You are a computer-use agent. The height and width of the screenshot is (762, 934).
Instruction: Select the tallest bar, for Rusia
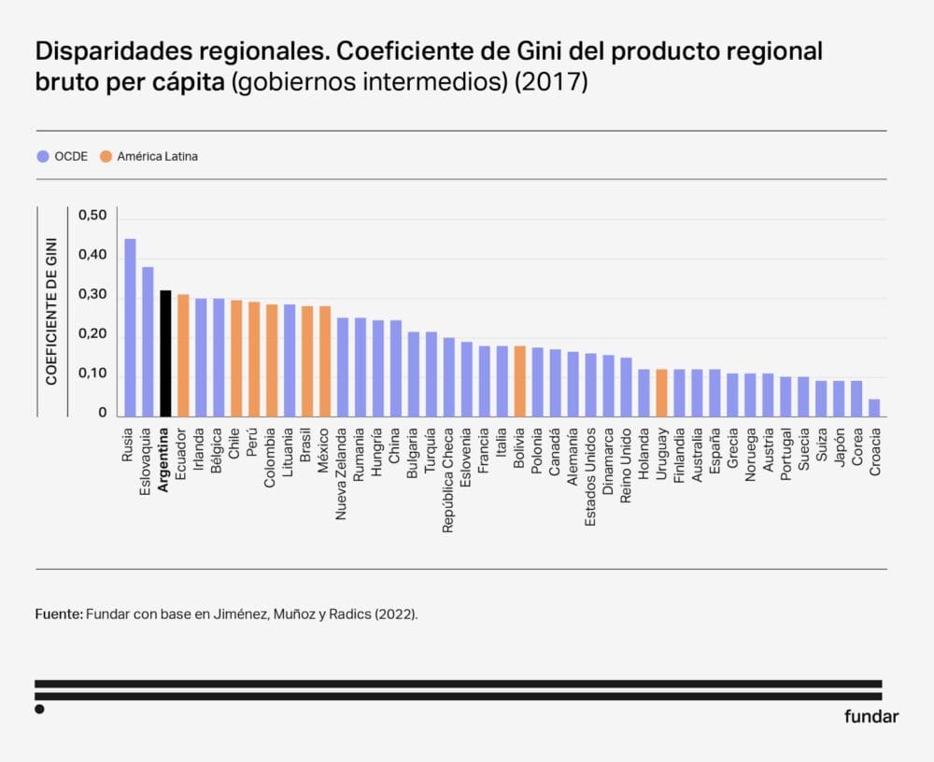pos(130,327)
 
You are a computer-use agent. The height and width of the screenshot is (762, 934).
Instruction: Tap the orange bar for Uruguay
pos(661,393)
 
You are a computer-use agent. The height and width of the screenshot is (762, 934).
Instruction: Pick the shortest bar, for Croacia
pos(874,408)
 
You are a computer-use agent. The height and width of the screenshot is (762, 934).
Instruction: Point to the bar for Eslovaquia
pos(148,342)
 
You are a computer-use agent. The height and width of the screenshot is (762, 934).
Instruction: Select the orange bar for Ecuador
pos(183,355)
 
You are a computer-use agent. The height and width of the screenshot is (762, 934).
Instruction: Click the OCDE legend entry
pos(62,157)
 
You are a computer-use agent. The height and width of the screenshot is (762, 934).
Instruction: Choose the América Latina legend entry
pos(149,157)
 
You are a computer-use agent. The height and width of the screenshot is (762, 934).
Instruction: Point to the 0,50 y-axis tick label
pos(92,216)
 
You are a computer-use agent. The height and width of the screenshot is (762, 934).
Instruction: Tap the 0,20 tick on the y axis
pos(92,334)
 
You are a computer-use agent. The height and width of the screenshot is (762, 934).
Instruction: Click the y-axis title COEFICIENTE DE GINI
pos(52,311)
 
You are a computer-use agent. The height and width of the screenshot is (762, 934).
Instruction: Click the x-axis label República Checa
pos(448,480)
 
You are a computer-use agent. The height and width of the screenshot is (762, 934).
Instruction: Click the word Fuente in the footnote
pos(59,614)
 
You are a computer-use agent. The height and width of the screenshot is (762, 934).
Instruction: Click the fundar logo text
pos(870,717)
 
